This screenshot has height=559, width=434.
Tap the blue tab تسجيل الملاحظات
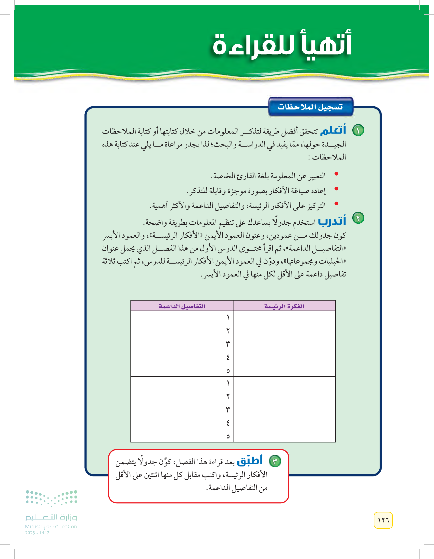click(310, 107)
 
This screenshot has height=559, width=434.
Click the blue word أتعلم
click(333, 130)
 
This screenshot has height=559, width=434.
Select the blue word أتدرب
click(332, 221)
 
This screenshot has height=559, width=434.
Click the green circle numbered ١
click(358, 130)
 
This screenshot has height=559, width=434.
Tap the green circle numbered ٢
click(358, 218)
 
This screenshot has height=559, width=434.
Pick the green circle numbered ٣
click(275, 461)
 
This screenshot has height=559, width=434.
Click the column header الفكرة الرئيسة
click(284, 306)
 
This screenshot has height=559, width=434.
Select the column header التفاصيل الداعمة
click(182, 306)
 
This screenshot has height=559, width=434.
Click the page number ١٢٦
click(383, 520)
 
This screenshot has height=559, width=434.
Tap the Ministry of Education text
click(51, 526)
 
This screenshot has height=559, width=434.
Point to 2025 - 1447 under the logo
click(37, 533)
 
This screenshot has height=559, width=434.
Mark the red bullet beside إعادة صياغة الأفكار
click(336, 189)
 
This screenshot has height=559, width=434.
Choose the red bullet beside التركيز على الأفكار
click(336, 204)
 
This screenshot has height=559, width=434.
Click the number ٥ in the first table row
click(228, 371)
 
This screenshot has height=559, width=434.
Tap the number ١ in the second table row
click(228, 383)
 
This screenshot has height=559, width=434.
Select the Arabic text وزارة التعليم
click(51, 517)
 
